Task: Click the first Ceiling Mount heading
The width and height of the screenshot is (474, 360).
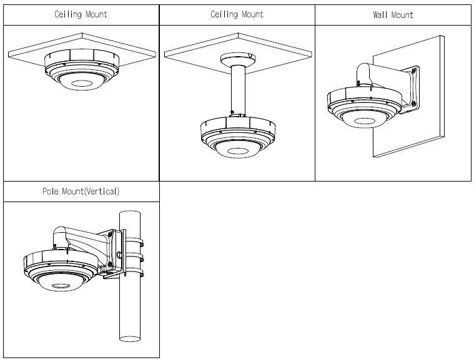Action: point(81,14)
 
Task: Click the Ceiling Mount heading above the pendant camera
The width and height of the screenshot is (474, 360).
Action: point(237,14)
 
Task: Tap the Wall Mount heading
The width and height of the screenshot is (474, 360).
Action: point(393,14)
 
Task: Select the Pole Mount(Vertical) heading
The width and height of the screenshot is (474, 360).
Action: point(81,192)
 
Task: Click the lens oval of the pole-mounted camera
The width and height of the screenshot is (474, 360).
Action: point(60,285)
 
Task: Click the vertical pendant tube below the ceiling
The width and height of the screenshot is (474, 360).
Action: point(237,90)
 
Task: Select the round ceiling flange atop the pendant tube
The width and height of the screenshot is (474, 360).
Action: point(237,58)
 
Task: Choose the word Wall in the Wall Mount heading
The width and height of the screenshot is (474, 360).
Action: point(380,14)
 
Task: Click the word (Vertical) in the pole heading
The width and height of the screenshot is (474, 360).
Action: point(101,192)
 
